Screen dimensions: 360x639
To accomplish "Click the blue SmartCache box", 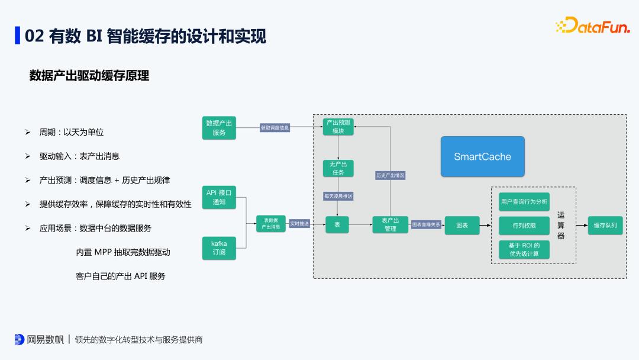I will pos(482,157).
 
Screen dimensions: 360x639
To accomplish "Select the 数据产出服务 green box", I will pos(219,128).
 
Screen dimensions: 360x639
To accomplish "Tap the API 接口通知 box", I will pos(219,197).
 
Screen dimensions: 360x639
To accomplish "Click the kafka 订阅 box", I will pos(219,247).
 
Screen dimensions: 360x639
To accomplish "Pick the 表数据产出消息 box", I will pos(270,224).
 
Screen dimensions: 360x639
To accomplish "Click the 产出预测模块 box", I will pos(338,127).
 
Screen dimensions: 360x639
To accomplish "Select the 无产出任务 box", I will pos(338,168).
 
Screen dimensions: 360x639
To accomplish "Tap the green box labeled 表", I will pos(337,224).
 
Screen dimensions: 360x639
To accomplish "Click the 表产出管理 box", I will pos(390,224).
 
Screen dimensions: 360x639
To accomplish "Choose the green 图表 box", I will pos(462,225).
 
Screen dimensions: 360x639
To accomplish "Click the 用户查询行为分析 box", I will pos(524,201).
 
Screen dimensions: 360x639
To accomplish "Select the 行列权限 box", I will pos(524,226).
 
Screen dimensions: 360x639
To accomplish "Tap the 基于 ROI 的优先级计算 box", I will pos(524,249).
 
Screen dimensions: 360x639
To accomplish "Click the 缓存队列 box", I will pos(605,225).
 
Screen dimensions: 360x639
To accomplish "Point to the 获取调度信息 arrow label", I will pos(275,127).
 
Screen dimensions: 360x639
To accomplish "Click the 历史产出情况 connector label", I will pos(390,175).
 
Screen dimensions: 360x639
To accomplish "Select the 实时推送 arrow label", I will pos(299,224).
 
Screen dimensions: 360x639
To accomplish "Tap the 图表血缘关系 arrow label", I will pos(426,224).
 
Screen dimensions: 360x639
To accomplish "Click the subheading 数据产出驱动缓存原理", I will pos(89,76).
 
